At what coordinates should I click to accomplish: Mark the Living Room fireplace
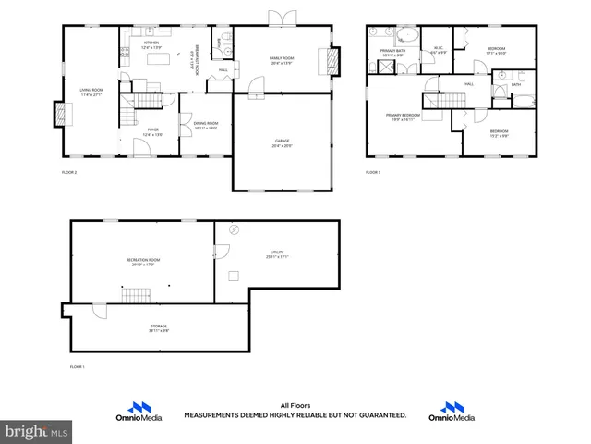point(61,113)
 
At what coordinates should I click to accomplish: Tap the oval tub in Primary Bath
point(408,36)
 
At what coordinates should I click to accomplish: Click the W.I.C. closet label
point(438,51)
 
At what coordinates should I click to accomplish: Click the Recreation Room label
point(143,262)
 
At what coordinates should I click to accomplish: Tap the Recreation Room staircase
point(137,295)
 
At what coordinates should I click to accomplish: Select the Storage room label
point(160,327)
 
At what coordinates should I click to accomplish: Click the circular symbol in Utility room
point(235,229)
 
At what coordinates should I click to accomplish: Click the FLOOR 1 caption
point(78,367)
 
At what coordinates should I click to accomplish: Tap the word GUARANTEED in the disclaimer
point(380,415)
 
